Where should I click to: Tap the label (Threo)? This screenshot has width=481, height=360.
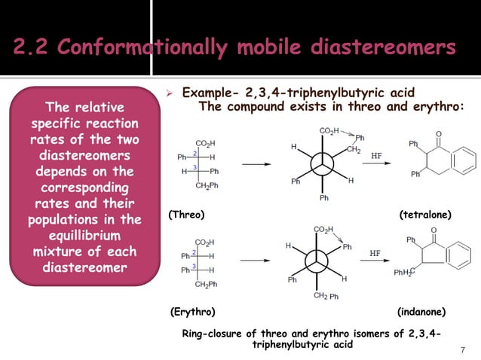186,215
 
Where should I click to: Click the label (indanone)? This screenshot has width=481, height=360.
422,311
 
